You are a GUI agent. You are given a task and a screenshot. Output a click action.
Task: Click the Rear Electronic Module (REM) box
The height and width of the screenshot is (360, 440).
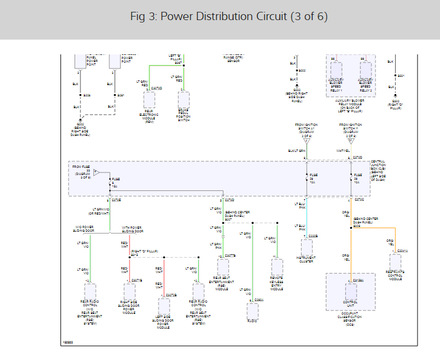(x=149, y=99)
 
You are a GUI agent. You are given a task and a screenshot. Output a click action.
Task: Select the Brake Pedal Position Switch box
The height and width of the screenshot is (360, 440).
(x=183, y=99)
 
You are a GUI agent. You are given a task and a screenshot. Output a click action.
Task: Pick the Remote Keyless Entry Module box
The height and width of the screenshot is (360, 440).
(x=276, y=267)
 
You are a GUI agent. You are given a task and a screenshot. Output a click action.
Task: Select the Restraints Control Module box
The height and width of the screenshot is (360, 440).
(x=395, y=263)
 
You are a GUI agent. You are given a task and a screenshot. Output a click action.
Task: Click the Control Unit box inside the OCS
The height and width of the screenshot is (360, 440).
(x=351, y=291)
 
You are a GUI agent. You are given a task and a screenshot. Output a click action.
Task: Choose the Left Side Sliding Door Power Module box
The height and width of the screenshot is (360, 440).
(x=164, y=306)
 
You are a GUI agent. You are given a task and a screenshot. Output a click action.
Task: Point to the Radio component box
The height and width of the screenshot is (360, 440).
(x=253, y=310)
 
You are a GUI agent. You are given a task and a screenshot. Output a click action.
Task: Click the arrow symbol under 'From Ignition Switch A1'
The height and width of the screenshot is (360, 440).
(x=306, y=141)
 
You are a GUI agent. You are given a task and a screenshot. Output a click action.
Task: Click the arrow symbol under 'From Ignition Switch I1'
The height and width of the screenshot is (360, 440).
(x=351, y=141)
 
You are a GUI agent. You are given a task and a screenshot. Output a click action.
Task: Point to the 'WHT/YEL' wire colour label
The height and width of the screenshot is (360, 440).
(x=343, y=151)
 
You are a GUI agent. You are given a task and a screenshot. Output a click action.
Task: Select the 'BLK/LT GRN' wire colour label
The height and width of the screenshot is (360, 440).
(x=296, y=151)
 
